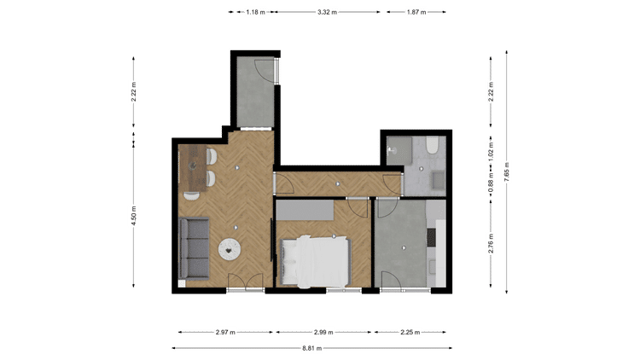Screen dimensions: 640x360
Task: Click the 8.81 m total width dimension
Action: [311, 348]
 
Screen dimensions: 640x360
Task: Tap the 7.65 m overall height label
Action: [507, 171]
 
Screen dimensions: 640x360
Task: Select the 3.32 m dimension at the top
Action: [328, 12]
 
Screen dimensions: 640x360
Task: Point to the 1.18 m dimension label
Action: [255, 12]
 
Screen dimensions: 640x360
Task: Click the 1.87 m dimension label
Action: [416, 12]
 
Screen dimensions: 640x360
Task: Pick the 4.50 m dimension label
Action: [133, 217]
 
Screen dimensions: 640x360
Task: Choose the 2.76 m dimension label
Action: [491, 243]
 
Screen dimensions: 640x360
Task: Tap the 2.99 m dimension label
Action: [323, 332]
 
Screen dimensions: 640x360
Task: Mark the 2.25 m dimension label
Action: [410, 332]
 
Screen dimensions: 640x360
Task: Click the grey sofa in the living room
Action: [195, 248]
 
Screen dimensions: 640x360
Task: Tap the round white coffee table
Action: [230, 249]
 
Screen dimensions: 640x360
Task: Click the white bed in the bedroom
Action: [315, 262]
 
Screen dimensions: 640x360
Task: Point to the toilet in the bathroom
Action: [432, 145]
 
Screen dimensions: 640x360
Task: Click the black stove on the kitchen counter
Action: [431, 237]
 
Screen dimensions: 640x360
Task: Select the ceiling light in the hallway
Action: [338, 184]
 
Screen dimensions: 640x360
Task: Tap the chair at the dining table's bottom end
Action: [191, 196]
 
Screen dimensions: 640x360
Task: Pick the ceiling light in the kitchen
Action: [404, 247]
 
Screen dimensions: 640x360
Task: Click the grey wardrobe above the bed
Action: [305, 210]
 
